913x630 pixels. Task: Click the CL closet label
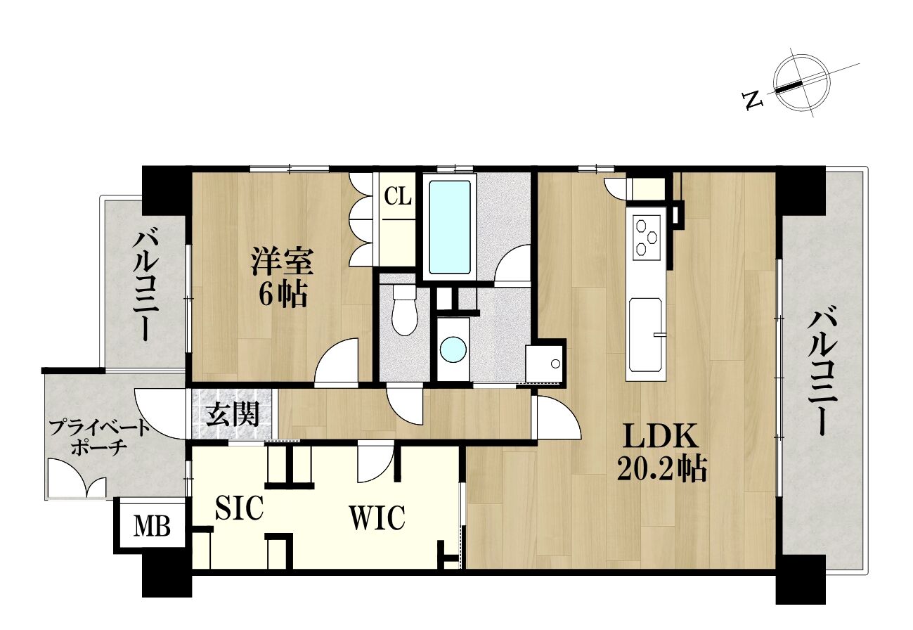click(398, 198)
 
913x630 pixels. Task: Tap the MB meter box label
click(152, 527)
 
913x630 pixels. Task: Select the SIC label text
click(239, 508)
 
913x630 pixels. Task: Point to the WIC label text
click(377, 518)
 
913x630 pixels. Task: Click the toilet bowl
click(404, 310)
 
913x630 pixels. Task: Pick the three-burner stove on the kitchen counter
click(647, 238)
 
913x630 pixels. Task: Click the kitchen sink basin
click(645, 335)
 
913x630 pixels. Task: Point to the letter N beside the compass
click(753, 101)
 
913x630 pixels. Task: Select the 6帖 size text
click(283, 294)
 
